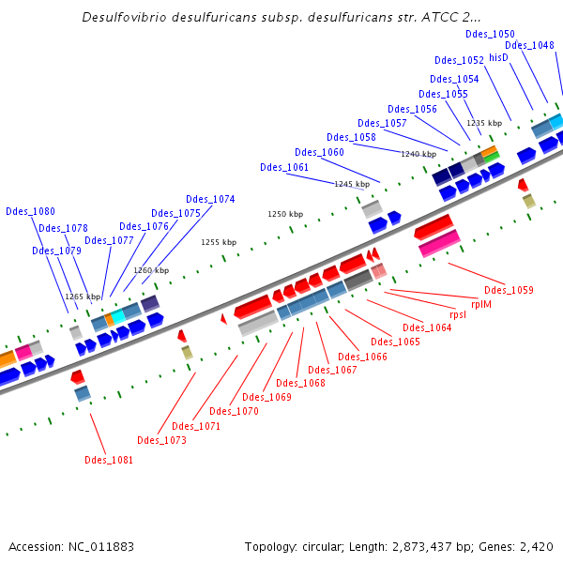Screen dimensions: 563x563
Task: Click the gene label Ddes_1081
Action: tap(109, 460)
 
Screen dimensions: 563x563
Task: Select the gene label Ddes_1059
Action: tap(509, 290)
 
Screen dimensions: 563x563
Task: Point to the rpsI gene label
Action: tap(458, 315)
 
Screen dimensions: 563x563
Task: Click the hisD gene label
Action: tap(498, 57)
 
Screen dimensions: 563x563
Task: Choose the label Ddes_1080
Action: tap(30, 211)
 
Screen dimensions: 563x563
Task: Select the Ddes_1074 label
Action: tap(210, 199)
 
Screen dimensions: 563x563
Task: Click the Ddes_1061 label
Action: tap(284, 167)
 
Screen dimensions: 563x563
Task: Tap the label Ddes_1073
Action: tap(161, 440)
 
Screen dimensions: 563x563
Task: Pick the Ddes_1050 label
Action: tap(490, 34)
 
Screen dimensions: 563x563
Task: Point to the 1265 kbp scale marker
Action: tap(83, 297)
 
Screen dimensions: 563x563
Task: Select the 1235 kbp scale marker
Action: tap(484, 123)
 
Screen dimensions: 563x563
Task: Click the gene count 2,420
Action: tap(537, 546)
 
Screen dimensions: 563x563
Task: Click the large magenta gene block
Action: tap(439, 243)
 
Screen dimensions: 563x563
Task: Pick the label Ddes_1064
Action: tap(427, 327)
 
